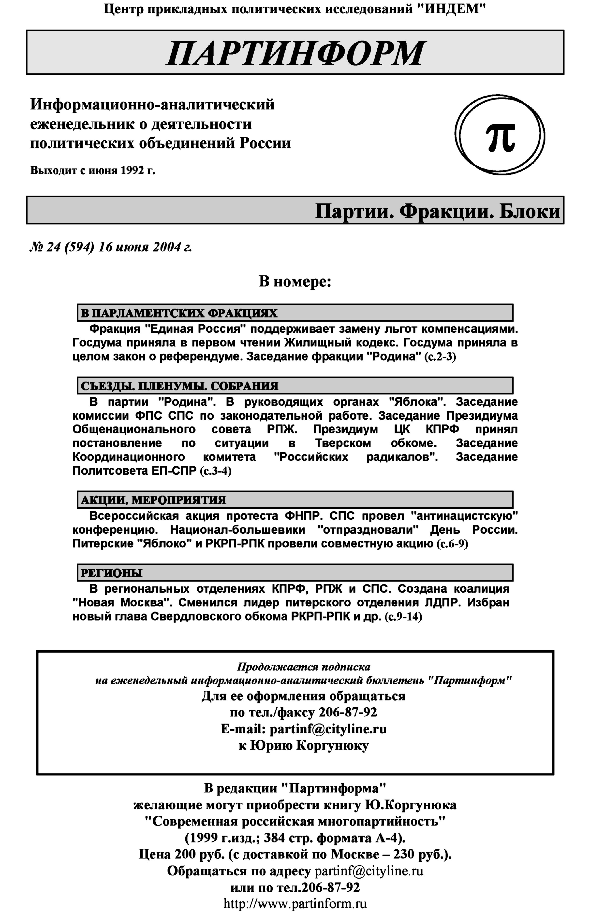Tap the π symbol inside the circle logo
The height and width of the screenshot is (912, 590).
(500, 137)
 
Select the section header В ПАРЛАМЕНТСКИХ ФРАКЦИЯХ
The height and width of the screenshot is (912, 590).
(179, 313)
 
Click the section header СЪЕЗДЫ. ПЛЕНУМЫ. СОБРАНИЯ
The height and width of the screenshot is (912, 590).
(179, 386)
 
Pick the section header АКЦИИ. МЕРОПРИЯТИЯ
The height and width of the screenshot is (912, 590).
(153, 500)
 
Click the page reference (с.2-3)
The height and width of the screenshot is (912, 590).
(440, 357)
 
